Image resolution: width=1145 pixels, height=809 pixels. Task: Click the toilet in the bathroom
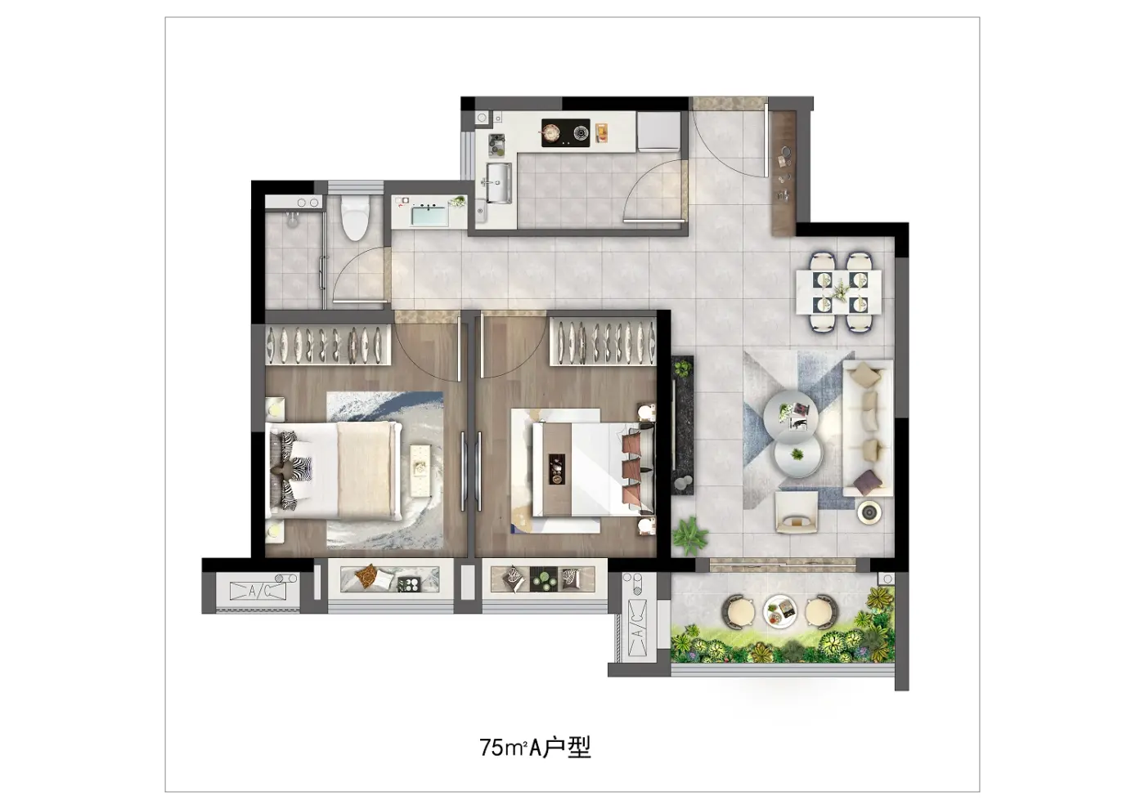tap(355, 218)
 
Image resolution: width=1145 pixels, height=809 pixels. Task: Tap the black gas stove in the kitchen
tap(565, 132)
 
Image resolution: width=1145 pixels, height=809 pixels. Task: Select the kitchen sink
tap(498, 183)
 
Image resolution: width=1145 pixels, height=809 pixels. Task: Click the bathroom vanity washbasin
tap(430, 215)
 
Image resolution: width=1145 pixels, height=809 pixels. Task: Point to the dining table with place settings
tap(839, 293)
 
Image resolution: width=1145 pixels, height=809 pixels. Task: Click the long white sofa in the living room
tap(868, 428)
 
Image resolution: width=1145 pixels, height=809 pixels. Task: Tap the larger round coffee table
tap(791, 417)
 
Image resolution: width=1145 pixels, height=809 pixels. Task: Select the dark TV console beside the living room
tap(682, 425)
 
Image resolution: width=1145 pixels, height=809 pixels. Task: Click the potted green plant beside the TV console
tap(690, 535)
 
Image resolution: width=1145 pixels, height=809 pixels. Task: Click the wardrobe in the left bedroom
tap(328, 345)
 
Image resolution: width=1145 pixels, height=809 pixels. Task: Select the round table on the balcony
tap(780, 612)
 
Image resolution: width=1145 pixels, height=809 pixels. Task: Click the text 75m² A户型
tap(535, 747)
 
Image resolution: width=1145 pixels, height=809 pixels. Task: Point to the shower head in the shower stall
tap(292, 220)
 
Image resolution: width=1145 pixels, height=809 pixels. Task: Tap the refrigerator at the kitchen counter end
tap(658, 132)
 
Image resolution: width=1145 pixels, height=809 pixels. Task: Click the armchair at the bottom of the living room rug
tap(796, 512)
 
